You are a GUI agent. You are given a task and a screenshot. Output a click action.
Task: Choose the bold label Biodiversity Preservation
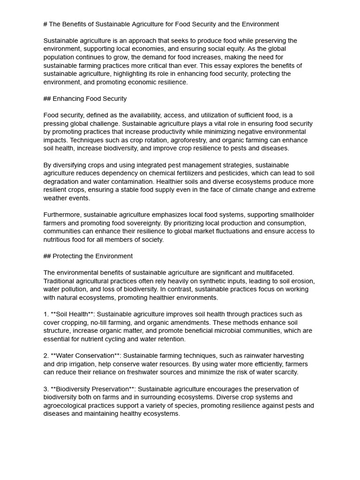92,389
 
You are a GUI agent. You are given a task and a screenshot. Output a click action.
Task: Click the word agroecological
67,406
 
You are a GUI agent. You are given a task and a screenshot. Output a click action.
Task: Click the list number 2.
45,356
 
